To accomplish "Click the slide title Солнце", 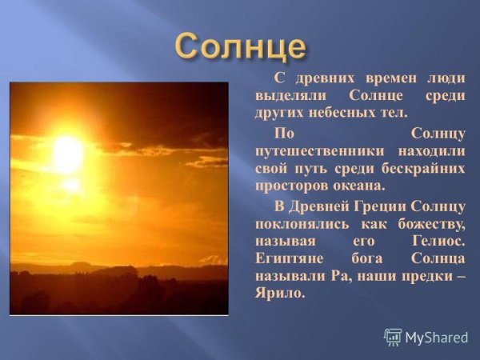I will (x=241, y=48).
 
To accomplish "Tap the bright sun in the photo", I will (x=69, y=152).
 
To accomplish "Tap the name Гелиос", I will (x=439, y=241).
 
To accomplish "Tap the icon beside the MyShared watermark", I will (x=393, y=337).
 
